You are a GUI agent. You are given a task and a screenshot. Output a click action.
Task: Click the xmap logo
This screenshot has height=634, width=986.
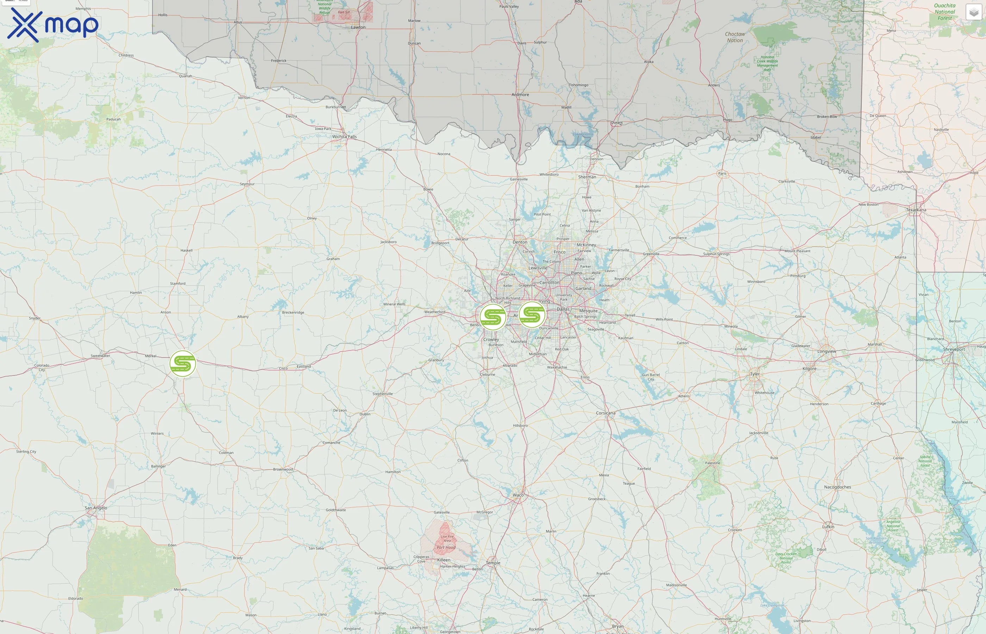tap(53, 25)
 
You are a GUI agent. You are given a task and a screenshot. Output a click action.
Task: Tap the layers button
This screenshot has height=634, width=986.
tap(973, 12)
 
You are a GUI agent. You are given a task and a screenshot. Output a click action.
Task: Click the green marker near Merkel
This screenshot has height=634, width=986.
tap(183, 363)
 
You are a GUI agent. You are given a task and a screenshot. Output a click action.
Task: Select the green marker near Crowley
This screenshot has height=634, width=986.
tap(493, 317)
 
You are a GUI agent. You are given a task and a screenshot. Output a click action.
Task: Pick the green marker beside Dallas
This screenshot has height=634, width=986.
tap(532, 315)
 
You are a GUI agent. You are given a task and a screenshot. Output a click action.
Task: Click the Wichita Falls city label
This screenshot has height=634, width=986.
tap(344, 137)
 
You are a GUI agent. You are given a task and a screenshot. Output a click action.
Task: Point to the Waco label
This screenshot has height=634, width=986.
tap(518, 495)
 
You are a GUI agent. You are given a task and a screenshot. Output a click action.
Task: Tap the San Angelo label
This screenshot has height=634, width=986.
tap(96, 508)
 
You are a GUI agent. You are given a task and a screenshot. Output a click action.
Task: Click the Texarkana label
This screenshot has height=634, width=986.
tap(916, 210)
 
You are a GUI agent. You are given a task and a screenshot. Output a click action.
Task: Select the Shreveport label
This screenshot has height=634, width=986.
tap(954, 349)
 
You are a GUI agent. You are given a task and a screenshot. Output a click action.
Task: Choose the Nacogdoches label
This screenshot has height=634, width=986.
tap(837, 487)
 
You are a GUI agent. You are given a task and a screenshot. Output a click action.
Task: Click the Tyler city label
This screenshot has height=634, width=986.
tap(755, 374)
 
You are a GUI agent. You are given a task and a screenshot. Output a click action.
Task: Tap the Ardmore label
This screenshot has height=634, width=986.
tap(520, 95)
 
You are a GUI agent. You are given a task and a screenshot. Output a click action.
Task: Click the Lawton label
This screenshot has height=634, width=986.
tap(358, 27)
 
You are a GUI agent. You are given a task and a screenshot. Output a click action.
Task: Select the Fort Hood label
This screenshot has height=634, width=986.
tap(446, 548)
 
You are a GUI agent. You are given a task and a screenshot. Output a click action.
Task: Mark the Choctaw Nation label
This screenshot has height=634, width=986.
tap(735, 37)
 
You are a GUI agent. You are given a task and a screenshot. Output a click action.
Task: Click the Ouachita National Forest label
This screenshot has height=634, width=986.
tap(945, 12)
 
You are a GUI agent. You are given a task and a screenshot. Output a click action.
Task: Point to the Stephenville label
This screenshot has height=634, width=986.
tap(383, 394)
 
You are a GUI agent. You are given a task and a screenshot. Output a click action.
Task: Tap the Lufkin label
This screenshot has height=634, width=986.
tap(828, 527)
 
